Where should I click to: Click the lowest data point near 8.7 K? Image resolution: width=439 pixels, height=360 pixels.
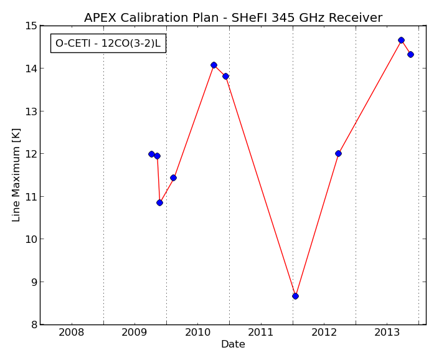pos(295,296)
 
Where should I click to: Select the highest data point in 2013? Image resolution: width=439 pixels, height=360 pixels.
pos(401,40)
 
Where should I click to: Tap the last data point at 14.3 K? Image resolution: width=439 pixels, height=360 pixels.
pos(410,55)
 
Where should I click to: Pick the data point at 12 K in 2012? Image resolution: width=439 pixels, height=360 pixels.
pos(338,153)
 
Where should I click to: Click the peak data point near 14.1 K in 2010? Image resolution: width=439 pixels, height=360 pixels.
pos(214,65)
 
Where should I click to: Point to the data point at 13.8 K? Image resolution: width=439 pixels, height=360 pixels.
pos(225,76)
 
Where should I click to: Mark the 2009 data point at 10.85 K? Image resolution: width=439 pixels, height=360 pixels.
pos(159,202)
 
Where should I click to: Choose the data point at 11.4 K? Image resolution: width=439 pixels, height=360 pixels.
pos(173,178)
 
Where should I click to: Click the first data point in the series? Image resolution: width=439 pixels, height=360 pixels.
pos(151,154)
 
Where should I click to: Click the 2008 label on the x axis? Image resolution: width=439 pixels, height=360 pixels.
pos(72,333)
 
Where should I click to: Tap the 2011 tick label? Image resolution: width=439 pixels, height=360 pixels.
pos(261,333)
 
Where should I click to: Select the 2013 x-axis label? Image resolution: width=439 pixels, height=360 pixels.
pos(387,333)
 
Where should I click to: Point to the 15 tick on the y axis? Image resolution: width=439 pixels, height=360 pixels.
pos(31,26)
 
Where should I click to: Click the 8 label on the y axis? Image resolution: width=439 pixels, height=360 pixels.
pos(34,324)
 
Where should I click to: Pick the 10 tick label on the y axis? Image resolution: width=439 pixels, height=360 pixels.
pos(31,239)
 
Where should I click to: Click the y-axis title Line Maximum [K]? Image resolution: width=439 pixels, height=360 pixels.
pos(16,175)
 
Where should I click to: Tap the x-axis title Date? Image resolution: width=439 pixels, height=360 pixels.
pos(233,344)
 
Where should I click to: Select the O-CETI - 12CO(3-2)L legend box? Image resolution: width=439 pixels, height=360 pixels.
pos(108,43)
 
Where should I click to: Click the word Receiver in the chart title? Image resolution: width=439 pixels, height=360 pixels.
pos(356,17)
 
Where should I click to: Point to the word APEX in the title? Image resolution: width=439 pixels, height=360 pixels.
pos(100,17)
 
